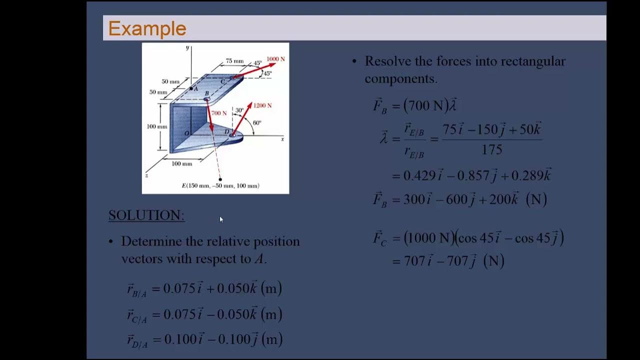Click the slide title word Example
(147, 28)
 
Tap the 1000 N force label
(275, 59)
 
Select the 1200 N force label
(262, 105)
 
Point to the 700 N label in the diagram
(218, 113)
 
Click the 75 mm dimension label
(234, 61)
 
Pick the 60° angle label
(257, 122)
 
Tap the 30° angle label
(239, 110)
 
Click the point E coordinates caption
(220, 185)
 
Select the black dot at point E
(220, 179)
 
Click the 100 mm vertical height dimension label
(156, 126)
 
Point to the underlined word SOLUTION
(146, 215)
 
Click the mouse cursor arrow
(221, 219)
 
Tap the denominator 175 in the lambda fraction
(492, 149)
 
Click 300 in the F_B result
(413, 199)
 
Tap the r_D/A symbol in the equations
(137, 340)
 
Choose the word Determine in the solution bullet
(151, 241)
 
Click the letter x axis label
(282, 139)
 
